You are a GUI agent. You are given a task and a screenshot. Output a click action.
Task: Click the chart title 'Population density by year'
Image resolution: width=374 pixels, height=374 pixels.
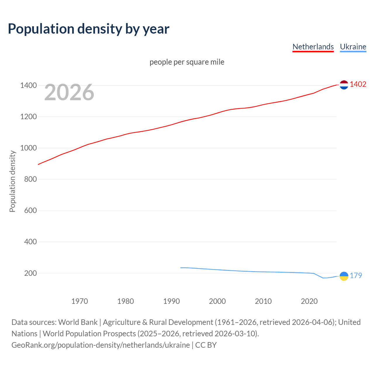[89, 29]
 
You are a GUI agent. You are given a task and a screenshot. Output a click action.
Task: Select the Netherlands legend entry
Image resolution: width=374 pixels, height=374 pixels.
[313, 47]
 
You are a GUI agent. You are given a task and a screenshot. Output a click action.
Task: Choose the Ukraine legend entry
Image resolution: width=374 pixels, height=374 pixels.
[353, 47]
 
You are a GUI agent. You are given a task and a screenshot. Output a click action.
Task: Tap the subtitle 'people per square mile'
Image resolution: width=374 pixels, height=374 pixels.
[187, 62]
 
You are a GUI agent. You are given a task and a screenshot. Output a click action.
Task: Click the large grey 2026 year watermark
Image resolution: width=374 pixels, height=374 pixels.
[69, 92]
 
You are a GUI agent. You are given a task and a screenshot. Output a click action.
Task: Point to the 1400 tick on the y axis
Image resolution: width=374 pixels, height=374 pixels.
[28, 85]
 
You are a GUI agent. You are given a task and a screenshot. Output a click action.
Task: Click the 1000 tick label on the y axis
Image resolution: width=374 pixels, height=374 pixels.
[28, 148]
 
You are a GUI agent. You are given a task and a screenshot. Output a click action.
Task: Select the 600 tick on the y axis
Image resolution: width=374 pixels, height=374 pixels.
[30, 210]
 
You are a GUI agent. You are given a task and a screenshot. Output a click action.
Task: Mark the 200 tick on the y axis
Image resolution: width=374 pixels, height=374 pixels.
[30, 273]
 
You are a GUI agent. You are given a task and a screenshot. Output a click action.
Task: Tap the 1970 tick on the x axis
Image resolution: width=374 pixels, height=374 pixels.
[79, 301]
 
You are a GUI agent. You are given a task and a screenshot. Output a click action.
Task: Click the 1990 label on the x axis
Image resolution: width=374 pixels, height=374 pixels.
[172, 301]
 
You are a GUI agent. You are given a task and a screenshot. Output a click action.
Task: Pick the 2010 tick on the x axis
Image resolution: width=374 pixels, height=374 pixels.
[263, 301]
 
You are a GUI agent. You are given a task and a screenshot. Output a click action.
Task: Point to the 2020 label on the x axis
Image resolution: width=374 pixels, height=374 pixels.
[309, 301]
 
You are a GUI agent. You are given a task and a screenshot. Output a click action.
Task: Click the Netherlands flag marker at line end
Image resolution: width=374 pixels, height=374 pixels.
[344, 85]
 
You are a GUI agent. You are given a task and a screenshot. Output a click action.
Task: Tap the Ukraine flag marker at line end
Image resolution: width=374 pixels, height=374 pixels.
[344, 276]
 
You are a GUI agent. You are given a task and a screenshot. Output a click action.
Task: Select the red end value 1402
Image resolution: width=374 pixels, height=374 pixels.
[358, 84]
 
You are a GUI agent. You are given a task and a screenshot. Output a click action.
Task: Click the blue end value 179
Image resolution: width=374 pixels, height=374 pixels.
[356, 276]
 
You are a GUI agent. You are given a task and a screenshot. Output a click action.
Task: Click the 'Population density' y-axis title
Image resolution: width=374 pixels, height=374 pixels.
[12, 181]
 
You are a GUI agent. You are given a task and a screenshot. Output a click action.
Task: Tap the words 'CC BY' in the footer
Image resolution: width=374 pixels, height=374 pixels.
[206, 345]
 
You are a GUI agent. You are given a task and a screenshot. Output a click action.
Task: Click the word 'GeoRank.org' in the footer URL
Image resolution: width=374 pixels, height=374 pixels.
[34, 345]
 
